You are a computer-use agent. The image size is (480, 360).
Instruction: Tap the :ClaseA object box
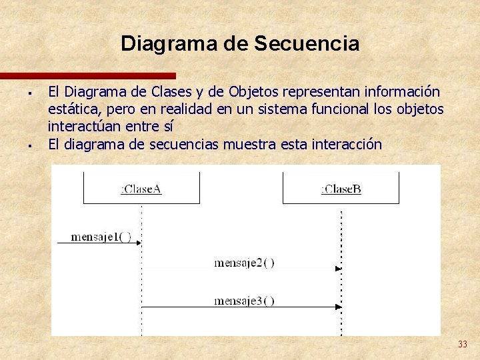[141, 188]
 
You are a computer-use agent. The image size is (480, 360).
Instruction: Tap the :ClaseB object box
[341, 188]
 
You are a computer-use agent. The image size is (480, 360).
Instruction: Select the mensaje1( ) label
[101, 237]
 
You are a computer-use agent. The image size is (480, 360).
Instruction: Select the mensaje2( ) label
[244, 263]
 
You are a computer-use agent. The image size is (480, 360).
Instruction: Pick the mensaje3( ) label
[244, 301]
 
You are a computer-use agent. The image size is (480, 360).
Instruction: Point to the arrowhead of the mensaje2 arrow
[338, 269]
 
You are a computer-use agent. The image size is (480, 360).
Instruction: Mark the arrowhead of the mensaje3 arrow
[338, 307]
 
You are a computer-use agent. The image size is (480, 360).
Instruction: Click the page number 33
[462, 344]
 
